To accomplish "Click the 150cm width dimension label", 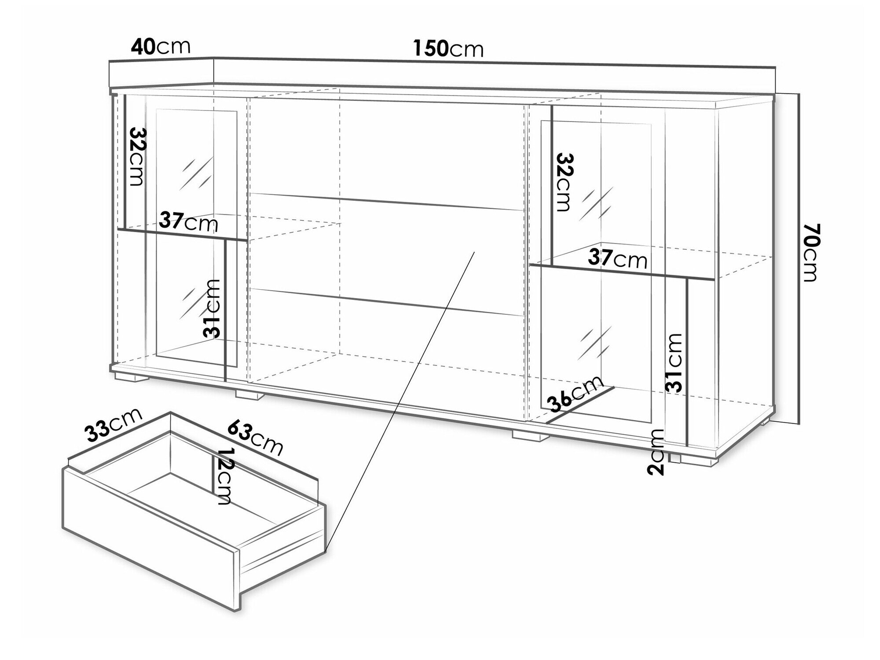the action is click(x=448, y=48).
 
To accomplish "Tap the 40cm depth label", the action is click(x=161, y=47).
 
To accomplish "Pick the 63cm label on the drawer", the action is click(x=255, y=438).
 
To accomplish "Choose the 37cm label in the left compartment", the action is click(x=189, y=221).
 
